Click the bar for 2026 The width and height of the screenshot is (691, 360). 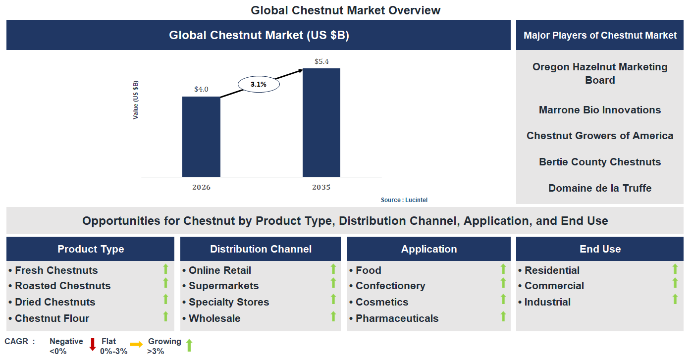coord(201,137)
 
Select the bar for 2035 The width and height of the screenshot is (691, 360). coord(321,122)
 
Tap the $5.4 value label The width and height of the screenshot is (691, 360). coord(321,62)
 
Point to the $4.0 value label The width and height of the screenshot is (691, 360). coord(201,90)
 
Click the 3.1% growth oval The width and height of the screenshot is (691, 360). coord(259,85)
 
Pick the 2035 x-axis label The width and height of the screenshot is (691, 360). coord(321,188)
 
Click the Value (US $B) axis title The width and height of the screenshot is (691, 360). coord(136,100)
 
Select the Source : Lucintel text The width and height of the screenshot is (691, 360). coord(404,200)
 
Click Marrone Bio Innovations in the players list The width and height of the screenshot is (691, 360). coord(599,110)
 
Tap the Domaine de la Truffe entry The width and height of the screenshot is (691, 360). coord(599,188)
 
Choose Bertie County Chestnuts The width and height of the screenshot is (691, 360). coord(599,162)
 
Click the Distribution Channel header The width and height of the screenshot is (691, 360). coord(261,249)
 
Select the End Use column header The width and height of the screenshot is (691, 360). coord(600,249)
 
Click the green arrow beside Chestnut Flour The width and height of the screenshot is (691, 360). coord(166,316)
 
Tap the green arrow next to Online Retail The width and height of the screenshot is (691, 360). coord(333,269)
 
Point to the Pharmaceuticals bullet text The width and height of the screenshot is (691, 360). coord(397,318)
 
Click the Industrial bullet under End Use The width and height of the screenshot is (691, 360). coord(547,302)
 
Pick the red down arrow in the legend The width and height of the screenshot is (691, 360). coord(92,345)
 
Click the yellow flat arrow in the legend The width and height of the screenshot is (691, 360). coord(136,344)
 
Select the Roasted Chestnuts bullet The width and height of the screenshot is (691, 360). coord(62,286)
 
